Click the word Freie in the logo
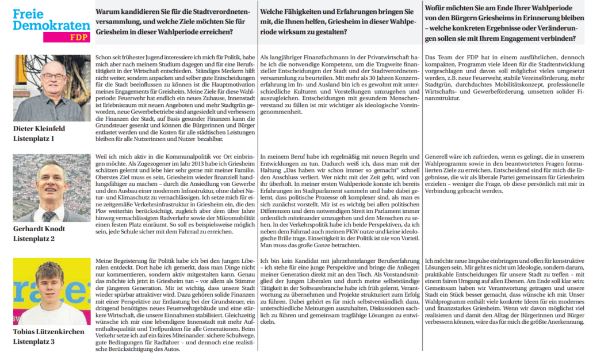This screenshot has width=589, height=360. coord(28,14)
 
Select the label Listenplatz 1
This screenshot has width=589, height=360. coord(35,139)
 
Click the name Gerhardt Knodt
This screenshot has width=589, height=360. coord(39,229)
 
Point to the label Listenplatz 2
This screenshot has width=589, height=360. coord(35,238)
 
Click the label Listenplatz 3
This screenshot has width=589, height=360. coord(35,342)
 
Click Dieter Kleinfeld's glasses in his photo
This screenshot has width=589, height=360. coord(53,76)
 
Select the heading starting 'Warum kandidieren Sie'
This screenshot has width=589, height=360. coord(164,21)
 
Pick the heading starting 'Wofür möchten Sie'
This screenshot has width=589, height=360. coord(500,21)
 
